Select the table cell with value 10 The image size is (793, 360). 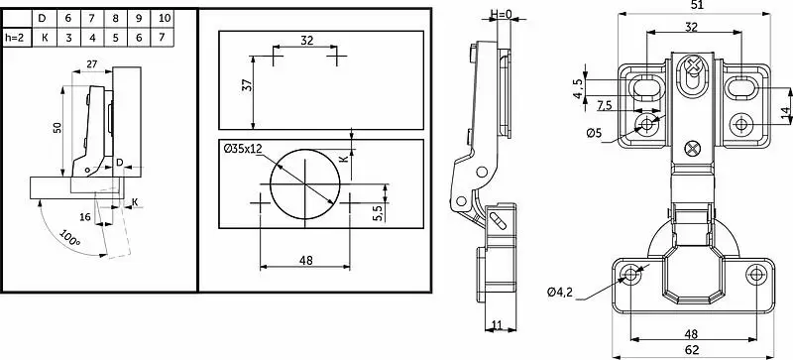[x=165, y=18]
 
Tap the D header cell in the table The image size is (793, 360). [x=43, y=18]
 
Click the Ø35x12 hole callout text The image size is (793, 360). [x=242, y=149]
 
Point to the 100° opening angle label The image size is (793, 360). [x=69, y=238]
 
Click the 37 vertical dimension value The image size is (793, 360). [x=247, y=84]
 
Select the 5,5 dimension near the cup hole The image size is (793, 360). [x=376, y=211]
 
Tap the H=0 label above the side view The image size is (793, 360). [x=501, y=14]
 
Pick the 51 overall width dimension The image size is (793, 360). [x=696, y=5]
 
